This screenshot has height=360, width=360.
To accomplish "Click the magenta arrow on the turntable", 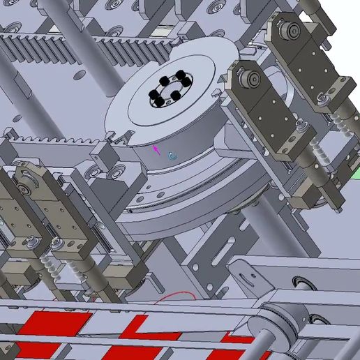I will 157,148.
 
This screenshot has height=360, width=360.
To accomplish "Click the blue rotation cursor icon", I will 172,156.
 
